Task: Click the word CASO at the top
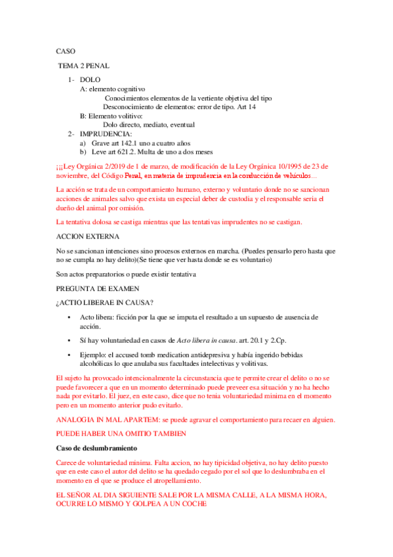click(66, 51)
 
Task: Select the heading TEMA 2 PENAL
click(84, 66)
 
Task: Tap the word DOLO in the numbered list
click(91, 79)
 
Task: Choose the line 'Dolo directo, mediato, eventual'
click(149, 125)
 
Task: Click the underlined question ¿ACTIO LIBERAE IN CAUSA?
click(105, 303)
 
